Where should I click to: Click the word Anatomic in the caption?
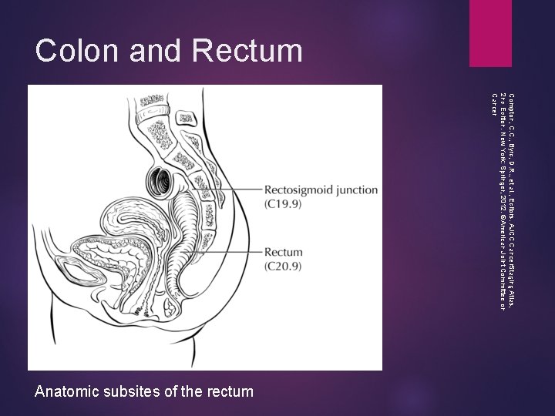coord(69,392)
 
